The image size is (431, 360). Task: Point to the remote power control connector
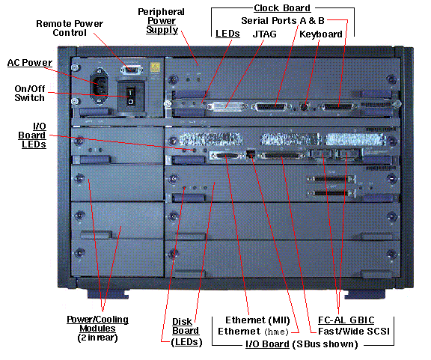(x=132, y=70)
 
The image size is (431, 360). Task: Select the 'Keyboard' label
(x=320, y=34)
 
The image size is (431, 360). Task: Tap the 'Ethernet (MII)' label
(x=258, y=318)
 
